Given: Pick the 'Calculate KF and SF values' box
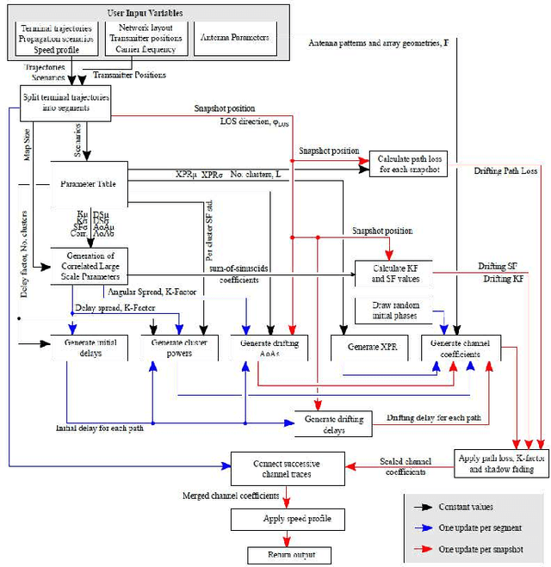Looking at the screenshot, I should [392, 274].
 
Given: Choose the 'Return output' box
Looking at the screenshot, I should [276, 555].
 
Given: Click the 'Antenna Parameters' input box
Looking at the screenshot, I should [234, 38].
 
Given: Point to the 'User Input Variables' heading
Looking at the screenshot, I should [145, 14].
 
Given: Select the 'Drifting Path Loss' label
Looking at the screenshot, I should [505, 171].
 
